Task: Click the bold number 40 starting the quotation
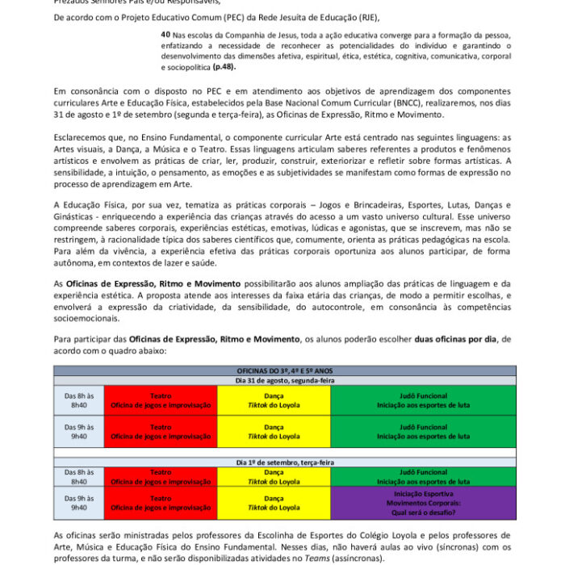(x=165, y=35)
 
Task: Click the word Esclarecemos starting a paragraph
(x=83, y=138)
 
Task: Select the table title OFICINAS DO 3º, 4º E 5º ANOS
(x=284, y=370)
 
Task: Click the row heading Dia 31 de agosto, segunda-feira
(x=284, y=380)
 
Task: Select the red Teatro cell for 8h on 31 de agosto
(x=161, y=400)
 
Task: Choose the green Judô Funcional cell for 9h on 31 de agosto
(x=423, y=431)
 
